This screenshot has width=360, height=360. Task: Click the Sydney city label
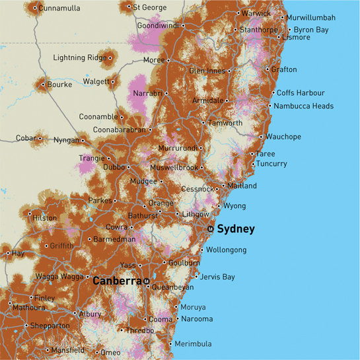pyautogui.click(x=235, y=229)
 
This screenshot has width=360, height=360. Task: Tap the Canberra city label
pyautogui.click(x=117, y=281)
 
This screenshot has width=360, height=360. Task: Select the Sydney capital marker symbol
pyautogui.click(x=210, y=229)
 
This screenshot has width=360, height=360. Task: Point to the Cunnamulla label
pyautogui.click(x=59, y=8)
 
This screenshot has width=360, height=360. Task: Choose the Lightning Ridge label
pyautogui.click(x=79, y=58)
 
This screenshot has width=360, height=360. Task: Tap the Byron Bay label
pyautogui.click(x=311, y=30)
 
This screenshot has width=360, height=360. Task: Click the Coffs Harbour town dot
pyautogui.click(x=272, y=93)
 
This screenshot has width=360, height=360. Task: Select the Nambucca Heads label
pyautogui.click(x=305, y=106)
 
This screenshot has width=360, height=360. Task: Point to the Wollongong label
pyautogui.click(x=227, y=250)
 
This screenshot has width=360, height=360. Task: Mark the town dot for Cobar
pyautogui.click(x=40, y=138)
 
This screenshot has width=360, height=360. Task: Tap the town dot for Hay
pyautogui.click(x=8, y=252)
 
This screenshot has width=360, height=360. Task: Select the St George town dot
pyautogui.click(x=129, y=7)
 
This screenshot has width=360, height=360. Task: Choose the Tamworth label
pyautogui.click(x=225, y=123)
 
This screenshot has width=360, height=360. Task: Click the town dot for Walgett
pyautogui.click(x=113, y=82)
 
